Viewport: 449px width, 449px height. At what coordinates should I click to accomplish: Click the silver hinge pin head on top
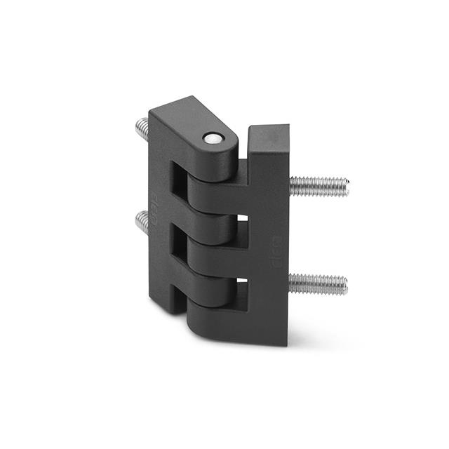point(210,139)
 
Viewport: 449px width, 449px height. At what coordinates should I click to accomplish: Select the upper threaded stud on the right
point(319,186)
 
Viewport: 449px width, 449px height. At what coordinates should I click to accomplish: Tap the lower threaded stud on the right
point(317,284)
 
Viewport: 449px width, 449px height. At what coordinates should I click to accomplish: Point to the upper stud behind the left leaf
point(140,129)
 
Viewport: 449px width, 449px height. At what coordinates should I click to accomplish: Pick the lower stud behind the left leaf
point(141,223)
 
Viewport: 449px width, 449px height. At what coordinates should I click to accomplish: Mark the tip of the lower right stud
point(343,284)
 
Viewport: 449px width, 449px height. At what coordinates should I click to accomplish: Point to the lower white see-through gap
point(242,288)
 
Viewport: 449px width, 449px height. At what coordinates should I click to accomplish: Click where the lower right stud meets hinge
point(290,283)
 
